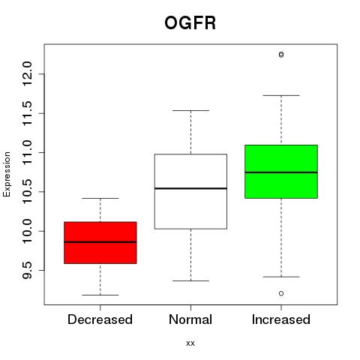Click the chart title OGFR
coord(190,23)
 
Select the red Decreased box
coord(100,242)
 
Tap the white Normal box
coord(190,191)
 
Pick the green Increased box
coord(281,172)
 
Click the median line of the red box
coord(100,242)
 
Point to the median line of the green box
coord(281,172)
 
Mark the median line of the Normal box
coord(190,188)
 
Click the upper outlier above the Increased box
coord(281,55)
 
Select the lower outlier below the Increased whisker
coord(281,293)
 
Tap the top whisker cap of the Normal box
coord(190,110)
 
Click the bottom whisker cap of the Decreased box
coord(100,295)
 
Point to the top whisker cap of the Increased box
coord(281,95)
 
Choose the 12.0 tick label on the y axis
coord(27,74)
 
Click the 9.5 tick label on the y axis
coord(27,270)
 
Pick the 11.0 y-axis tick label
coord(27,152)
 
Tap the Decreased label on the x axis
coord(100,319)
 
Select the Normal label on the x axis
coord(190,319)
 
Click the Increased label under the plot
coord(281,319)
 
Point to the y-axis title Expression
coord(7,174)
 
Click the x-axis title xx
coord(190,343)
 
